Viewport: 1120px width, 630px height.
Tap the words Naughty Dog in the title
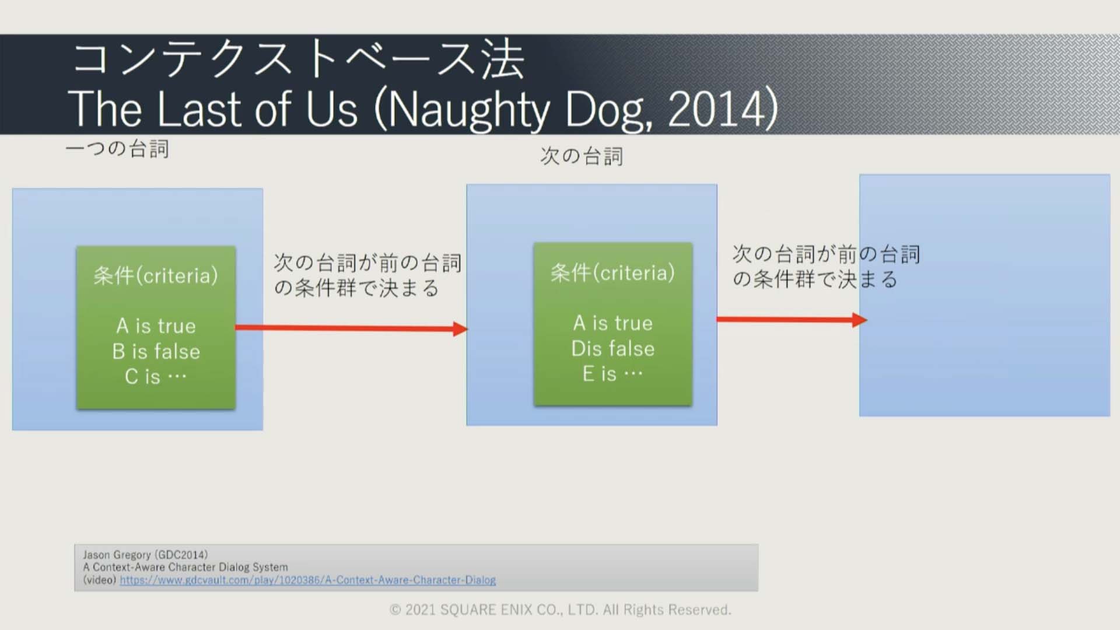click(x=519, y=110)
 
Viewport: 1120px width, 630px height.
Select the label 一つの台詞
click(x=117, y=149)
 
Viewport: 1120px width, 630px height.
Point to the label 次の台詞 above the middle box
click(x=582, y=156)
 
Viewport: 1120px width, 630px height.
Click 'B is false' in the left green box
click(x=156, y=351)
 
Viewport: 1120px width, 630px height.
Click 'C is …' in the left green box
click(x=156, y=376)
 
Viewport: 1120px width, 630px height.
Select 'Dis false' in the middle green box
click(x=613, y=348)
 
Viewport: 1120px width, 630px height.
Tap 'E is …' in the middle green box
click(x=612, y=373)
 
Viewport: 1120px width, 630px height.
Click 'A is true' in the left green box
click(x=156, y=325)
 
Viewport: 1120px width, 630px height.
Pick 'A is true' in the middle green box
click(x=613, y=323)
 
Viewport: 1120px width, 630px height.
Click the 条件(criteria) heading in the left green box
click(x=156, y=275)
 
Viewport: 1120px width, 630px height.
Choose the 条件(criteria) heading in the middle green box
click(x=612, y=272)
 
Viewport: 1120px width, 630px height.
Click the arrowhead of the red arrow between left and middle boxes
click(x=461, y=329)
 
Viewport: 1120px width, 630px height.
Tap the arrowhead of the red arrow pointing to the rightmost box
click(x=860, y=320)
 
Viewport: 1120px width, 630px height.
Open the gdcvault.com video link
click(x=308, y=580)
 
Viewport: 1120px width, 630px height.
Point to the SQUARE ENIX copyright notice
click(x=560, y=610)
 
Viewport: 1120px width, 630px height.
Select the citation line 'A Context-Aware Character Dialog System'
click(x=185, y=567)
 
